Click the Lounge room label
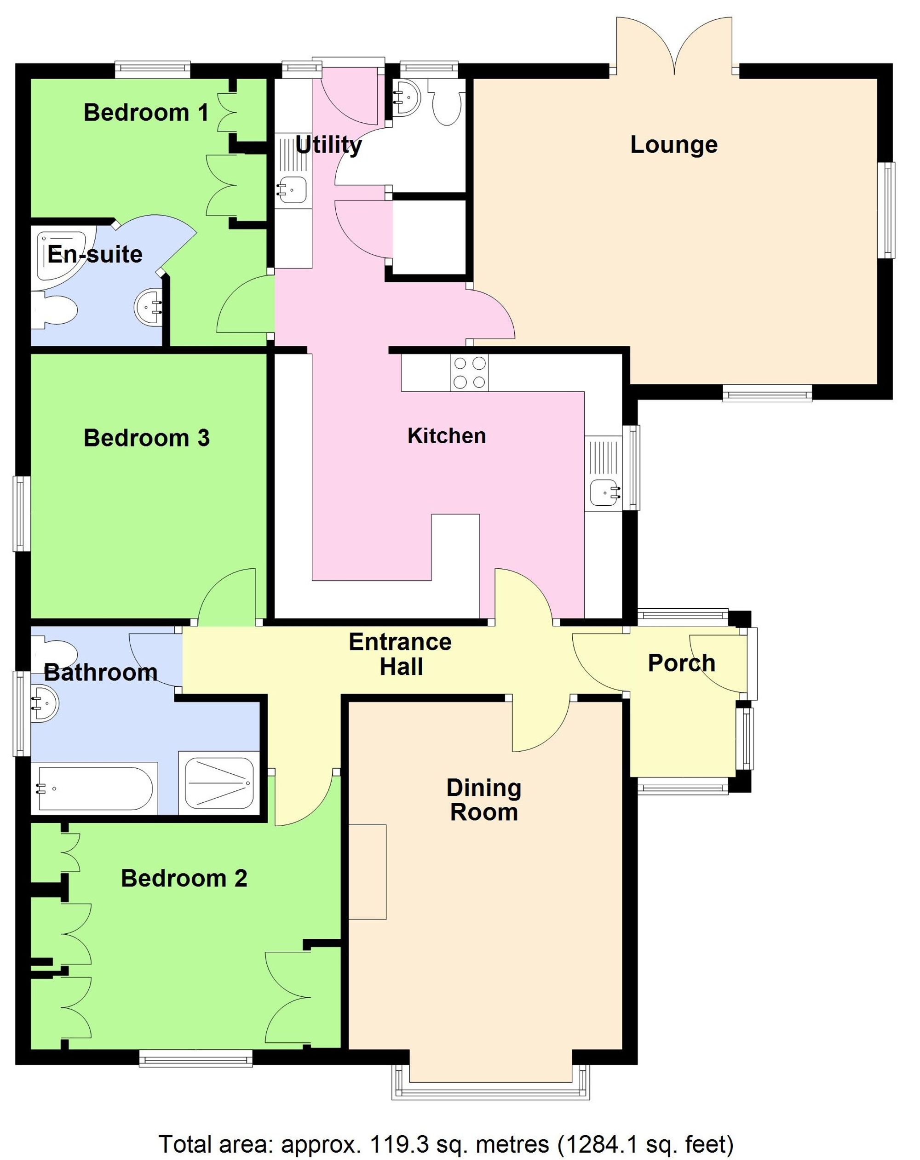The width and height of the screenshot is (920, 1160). [x=673, y=145]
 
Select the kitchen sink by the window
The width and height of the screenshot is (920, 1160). [x=604, y=491]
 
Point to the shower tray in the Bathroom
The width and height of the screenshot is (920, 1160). [x=218, y=783]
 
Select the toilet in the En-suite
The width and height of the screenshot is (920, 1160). [x=54, y=310]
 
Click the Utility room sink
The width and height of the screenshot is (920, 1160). [x=291, y=189]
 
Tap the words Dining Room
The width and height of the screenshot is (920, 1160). [x=483, y=800]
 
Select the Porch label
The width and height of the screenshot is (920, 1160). [x=681, y=663]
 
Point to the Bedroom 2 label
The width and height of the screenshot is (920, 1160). [x=184, y=878]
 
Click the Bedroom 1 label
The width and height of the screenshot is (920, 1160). [x=146, y=113]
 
